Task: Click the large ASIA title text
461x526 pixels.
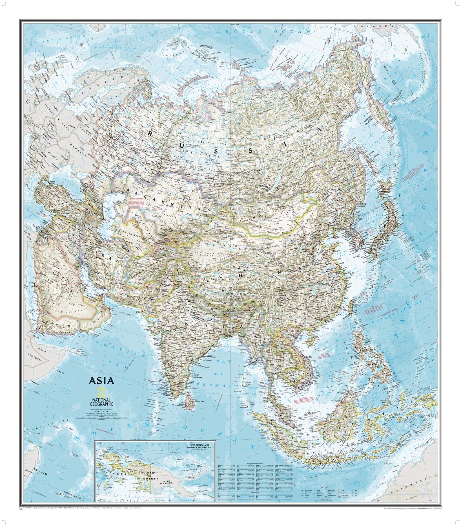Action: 102,381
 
